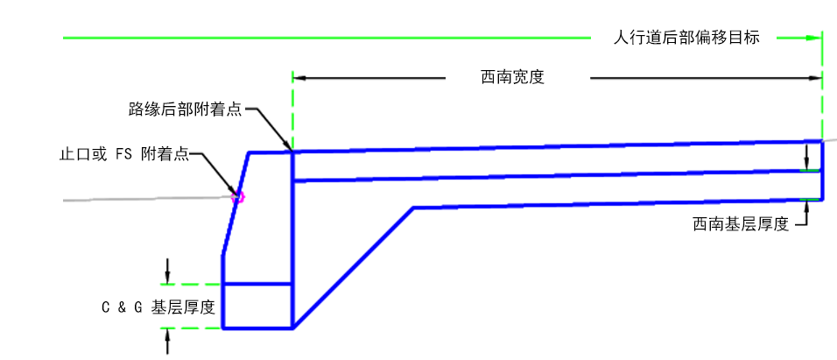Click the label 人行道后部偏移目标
point(686,38)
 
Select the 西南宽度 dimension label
point(513,77)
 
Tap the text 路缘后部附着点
point(185,109)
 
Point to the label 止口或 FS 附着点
point(123,154)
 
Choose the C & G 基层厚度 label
point(158,307)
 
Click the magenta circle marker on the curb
point(237,197)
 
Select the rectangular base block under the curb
point(257,306)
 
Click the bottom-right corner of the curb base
point(292,328)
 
